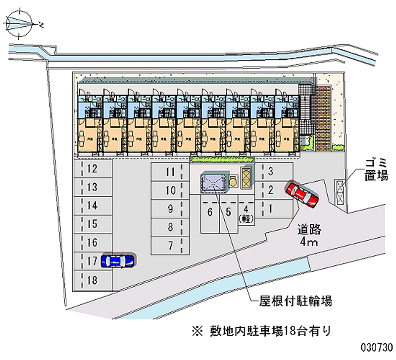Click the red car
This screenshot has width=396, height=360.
pyautogui.click(x=302, y=193)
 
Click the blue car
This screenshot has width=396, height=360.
pyautogui.click(x=117, y=260)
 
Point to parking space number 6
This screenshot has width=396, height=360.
pyautogui.click(x=210, y=213)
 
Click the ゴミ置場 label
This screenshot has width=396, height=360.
pyautogui.click(x=376, y=169)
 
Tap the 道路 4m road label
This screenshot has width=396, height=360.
pyautogui.click(x=309, y=236)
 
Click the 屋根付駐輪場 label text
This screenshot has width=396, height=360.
pyautogui.click(x=296, y=300)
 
